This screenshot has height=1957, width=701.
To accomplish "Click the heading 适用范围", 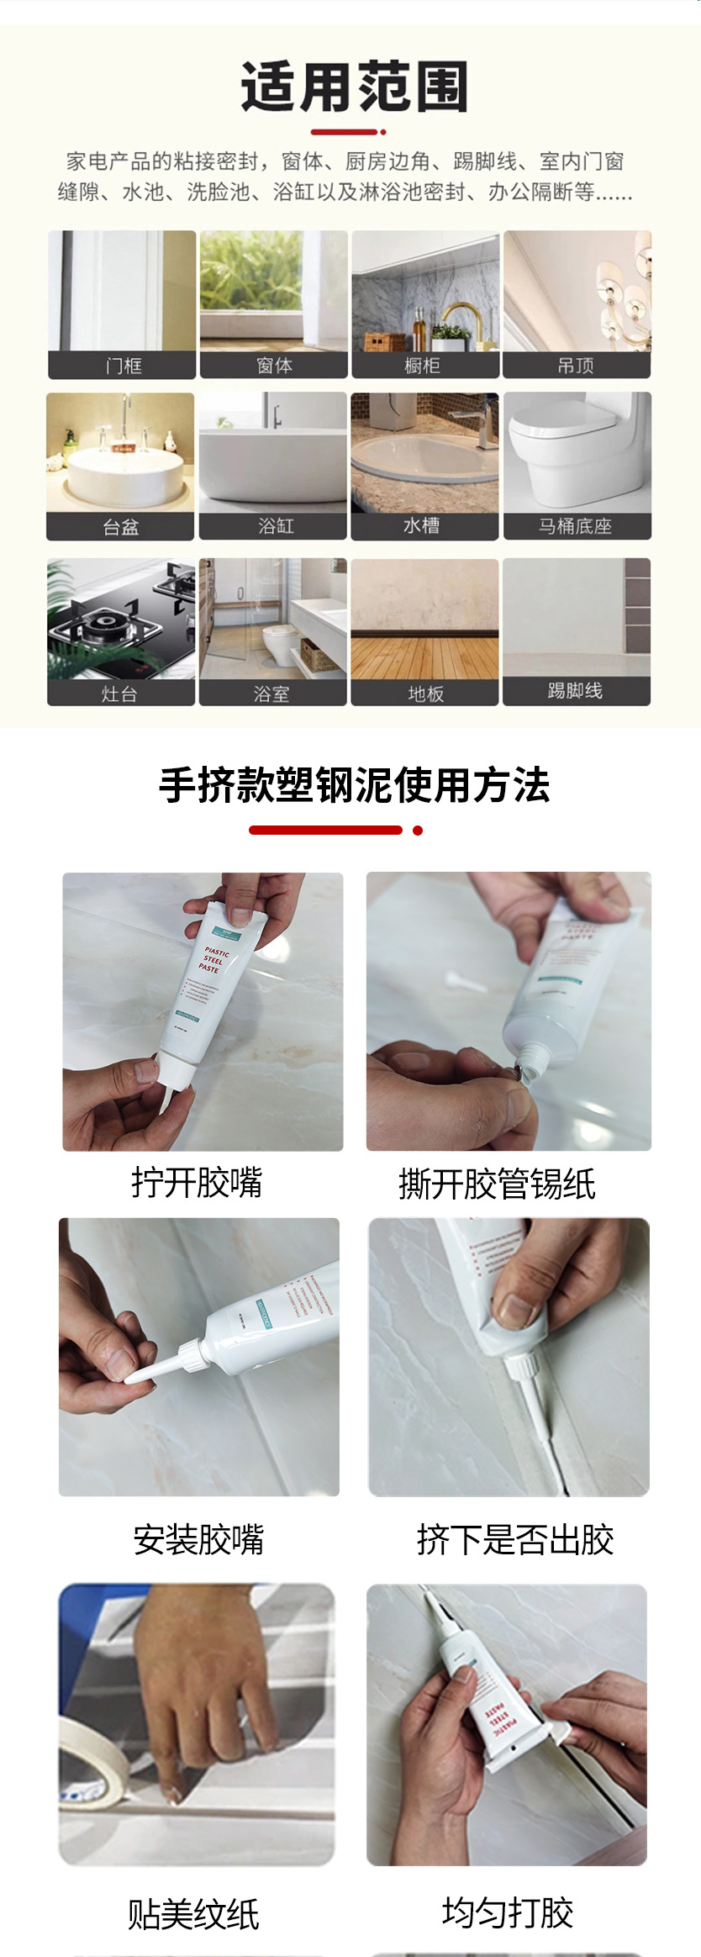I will coord(354,87).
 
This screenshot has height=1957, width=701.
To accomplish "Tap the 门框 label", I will coord(123,366).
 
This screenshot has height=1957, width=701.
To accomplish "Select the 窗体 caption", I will coord(274,366).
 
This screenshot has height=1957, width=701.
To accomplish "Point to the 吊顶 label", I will coord(576,366).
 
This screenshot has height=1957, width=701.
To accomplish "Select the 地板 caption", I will coord(425,694).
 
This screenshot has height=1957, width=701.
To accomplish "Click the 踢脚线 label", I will coord(576,691).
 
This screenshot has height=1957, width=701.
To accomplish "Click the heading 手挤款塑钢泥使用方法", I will coord(354,786).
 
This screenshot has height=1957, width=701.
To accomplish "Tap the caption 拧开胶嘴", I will coord(197,1182).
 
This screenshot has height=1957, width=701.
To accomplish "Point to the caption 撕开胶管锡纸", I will coord(497,1184).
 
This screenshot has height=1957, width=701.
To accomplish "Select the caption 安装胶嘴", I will coord(198,1540).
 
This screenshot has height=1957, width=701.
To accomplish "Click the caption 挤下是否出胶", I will coord(514,1540).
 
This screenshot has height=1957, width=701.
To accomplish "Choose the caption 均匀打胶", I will coord(508,1914).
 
